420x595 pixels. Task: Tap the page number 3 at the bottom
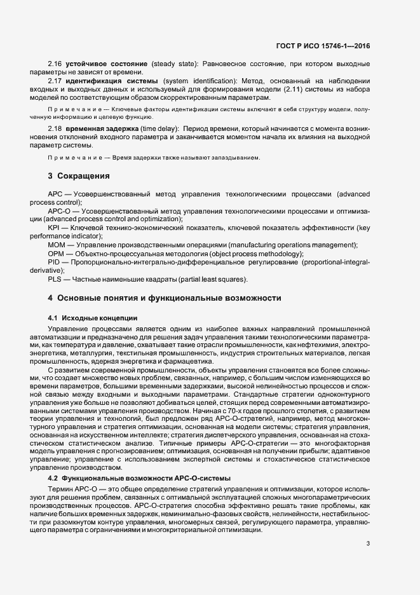(x=369, y=543)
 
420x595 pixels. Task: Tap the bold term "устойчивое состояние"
(x=106, y=64)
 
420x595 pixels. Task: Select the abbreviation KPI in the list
(x=54, y=228)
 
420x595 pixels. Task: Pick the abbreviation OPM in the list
(x=55, y=253)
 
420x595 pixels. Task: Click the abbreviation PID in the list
(x=54, y=261)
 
